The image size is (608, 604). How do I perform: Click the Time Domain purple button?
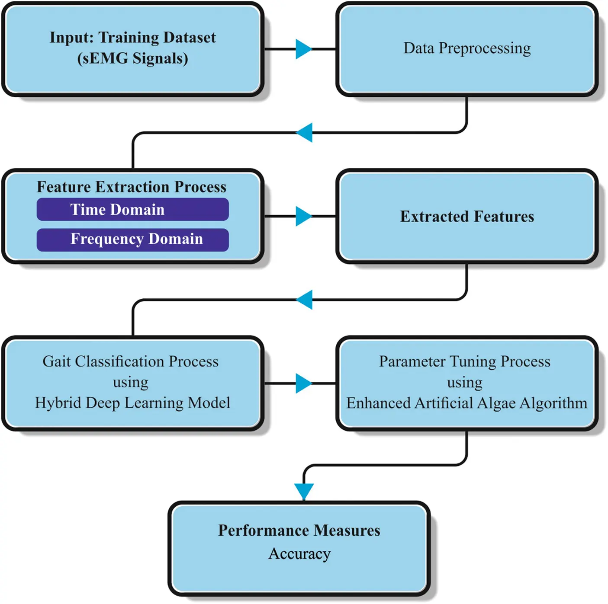132,210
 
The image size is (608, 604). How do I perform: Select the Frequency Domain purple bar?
132,240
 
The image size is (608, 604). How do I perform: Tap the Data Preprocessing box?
467,48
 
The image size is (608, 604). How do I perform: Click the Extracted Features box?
467,216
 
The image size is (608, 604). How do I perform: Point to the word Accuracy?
299,554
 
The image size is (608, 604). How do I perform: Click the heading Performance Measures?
299,530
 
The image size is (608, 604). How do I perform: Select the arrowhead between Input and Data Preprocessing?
303,49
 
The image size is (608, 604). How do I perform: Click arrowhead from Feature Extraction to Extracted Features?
303,216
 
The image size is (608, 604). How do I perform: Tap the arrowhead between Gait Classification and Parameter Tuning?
303,383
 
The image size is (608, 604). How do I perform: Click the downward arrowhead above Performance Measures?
304,491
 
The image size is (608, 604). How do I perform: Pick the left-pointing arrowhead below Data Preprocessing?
305,132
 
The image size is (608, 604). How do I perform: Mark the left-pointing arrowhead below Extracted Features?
305,300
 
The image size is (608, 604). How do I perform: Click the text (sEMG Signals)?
132,58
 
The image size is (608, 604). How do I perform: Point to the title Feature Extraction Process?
132,187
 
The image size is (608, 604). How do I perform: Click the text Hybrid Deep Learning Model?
132,403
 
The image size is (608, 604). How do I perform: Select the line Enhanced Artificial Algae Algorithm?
466,403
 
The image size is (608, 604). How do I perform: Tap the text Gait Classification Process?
130,361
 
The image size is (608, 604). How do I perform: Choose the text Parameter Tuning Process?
465,361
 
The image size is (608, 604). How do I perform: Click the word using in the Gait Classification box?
130,382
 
